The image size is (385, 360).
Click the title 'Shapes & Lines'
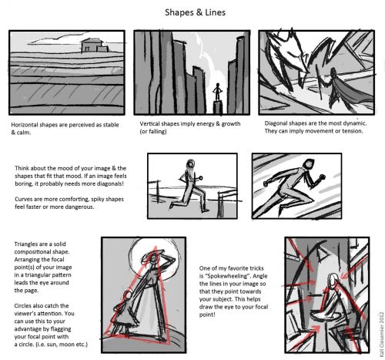coord(195,12)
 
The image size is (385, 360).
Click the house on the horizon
coord(95,45)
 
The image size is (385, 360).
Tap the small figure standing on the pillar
coord(218,92)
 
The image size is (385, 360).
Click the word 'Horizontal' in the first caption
coord(24,125)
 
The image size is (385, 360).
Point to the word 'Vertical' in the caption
coord(149,123)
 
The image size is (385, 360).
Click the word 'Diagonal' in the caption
coord(275,123)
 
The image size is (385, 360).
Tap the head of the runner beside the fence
coord(190,164)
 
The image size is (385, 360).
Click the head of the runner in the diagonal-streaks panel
coord(309,164)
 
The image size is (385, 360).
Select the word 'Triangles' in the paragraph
coord(25,244)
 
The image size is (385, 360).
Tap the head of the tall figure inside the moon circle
coord(153,259)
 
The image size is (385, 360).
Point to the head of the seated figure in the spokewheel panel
coord(333,280)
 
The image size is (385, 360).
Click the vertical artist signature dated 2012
coord(381,334)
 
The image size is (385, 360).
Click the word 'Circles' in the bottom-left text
coord(23,306)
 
